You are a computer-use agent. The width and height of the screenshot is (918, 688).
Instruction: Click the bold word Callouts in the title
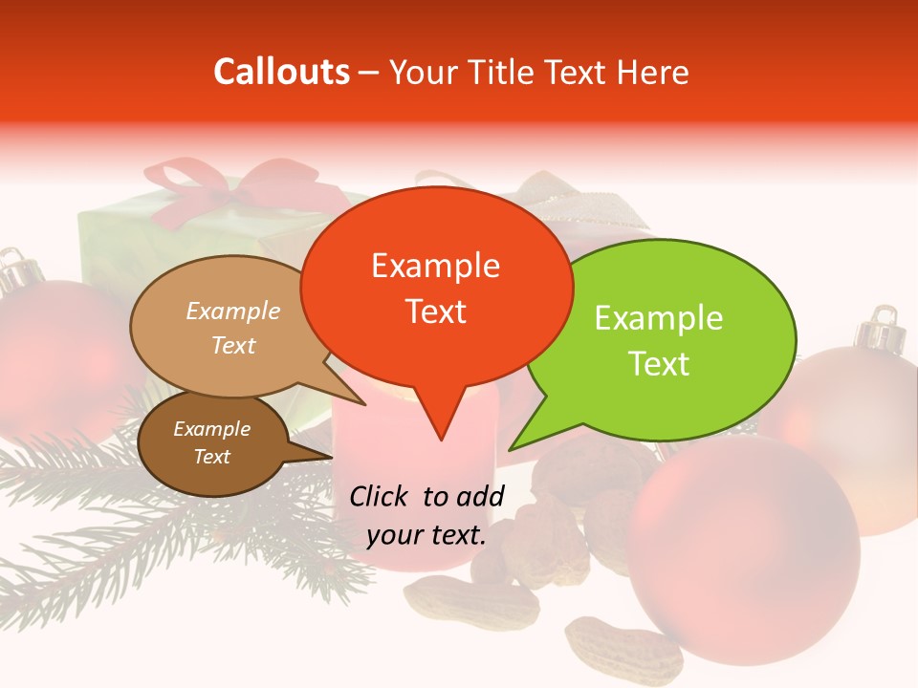(x=281, y=72)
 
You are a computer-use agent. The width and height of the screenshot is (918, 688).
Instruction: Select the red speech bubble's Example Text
(x=436, y=288)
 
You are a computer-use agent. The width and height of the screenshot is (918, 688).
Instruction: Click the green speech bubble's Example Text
(x=659, y=340)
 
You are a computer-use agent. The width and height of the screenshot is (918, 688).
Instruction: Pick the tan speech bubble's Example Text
(x=233, y=328)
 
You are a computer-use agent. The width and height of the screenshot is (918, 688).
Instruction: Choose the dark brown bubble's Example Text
(x=211, y=442)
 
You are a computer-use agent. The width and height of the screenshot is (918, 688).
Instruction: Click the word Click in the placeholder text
(x=382, y=496)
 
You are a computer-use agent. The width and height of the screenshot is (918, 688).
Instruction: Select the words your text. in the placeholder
(x=426, y=535)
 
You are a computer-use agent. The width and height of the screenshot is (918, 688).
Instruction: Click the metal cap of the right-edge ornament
(x=880, y=333)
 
